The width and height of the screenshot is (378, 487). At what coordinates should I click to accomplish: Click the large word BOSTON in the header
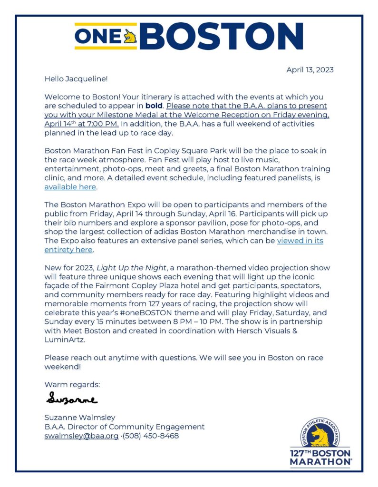(x=221, y=37)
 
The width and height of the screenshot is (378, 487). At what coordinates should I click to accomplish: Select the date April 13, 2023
(x=310, y=70)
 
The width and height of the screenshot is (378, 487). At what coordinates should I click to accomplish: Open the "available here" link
(x=70, y=187)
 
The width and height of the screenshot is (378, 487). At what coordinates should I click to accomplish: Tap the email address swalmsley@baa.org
(x=81, y=436)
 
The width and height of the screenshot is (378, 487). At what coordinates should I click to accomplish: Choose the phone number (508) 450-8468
(x=151, y=436)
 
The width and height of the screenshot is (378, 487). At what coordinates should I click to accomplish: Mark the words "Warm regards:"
(x=72, y=384)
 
